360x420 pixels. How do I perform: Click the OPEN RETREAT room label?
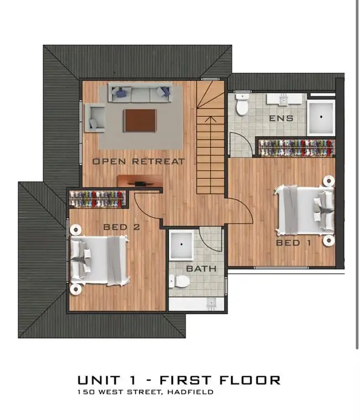coord(138,161)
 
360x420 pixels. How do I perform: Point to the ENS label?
coord(281,119)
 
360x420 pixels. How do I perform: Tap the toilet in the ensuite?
coord(243,105)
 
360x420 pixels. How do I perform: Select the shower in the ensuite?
coord(321,117)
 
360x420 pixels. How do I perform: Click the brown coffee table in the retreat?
coord(140,120)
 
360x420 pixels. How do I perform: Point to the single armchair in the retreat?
coord(95,118)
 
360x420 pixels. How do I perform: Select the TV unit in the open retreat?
coord(141,181)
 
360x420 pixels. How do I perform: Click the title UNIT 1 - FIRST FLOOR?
coord(179,380)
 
